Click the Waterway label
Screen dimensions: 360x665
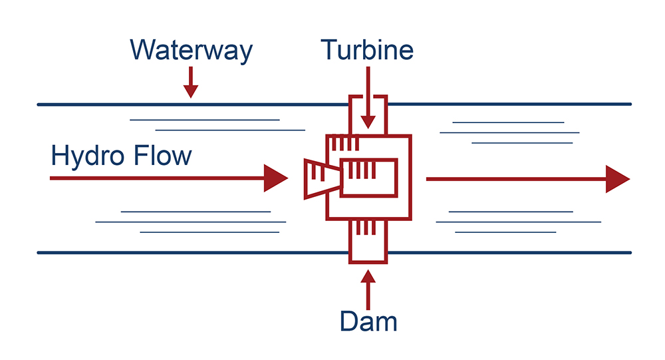click(x=191, y=52)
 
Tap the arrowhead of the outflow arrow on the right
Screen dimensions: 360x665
click(x=617, y=179)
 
